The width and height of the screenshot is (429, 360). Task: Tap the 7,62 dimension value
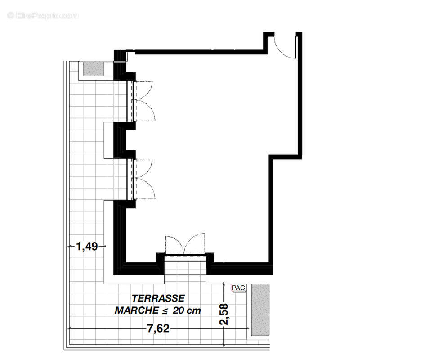tap(158, 329)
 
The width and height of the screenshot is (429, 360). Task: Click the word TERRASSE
tap(158, 298)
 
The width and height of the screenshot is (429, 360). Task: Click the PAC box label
tap(237, 288)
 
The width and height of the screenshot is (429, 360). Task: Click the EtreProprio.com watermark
tap(43, 16)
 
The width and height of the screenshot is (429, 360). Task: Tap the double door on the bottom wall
tap(185, 245)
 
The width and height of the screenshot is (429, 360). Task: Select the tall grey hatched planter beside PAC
tap(260, 310)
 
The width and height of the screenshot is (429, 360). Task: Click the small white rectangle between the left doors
tap(109, 140)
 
